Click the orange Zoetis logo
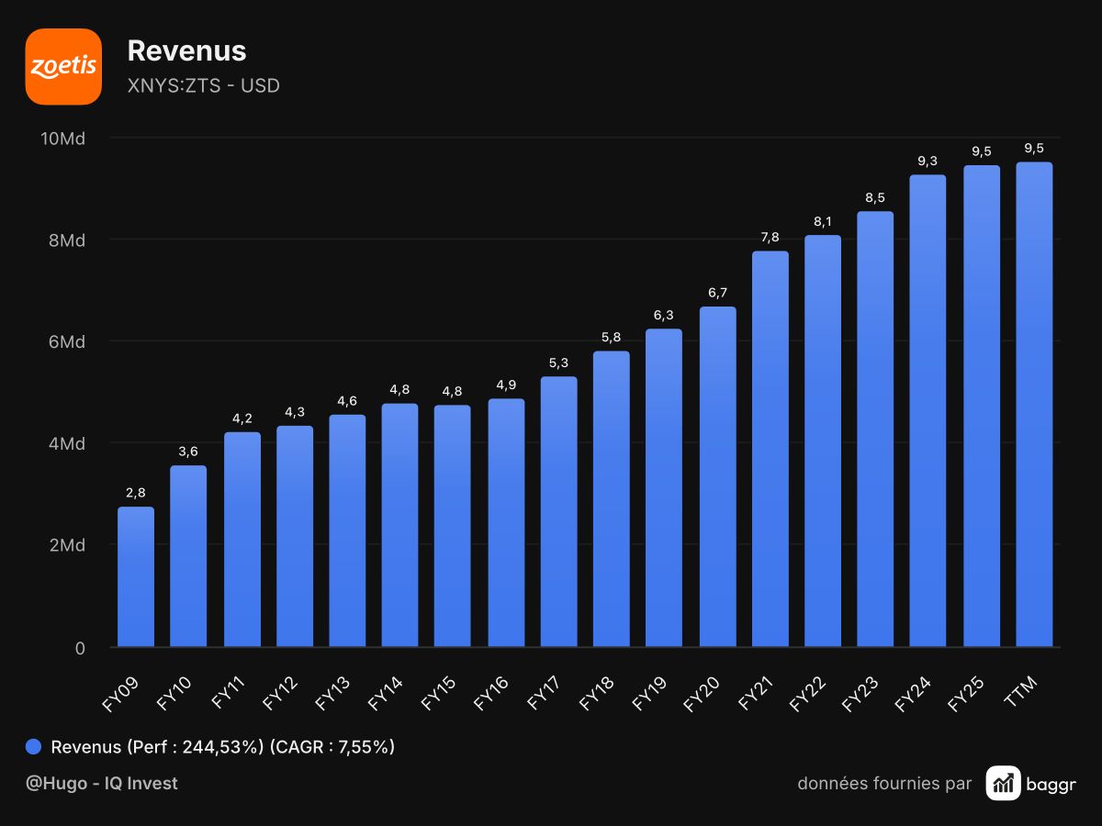coord(63,67)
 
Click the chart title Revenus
coord(186,50)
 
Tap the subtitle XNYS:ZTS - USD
coord(203,85)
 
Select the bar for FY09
coord(136,576)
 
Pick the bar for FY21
coord(770,449)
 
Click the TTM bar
coord(1034,404)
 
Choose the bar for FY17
coord(558,511)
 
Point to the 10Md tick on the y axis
coord(62,139)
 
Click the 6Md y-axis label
coord(67,342)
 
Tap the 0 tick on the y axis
coord(80,649)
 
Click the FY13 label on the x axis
coord(332,693)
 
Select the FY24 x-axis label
coord(912,694)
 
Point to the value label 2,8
coord(136,493)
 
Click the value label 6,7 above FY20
coord(717,293)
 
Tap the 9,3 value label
coord(928,161)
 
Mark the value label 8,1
coord(822,221)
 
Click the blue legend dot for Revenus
coord(33,746)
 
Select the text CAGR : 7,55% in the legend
coord(332,747)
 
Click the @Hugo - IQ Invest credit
coord(101,783)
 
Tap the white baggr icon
coord(1003,783)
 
